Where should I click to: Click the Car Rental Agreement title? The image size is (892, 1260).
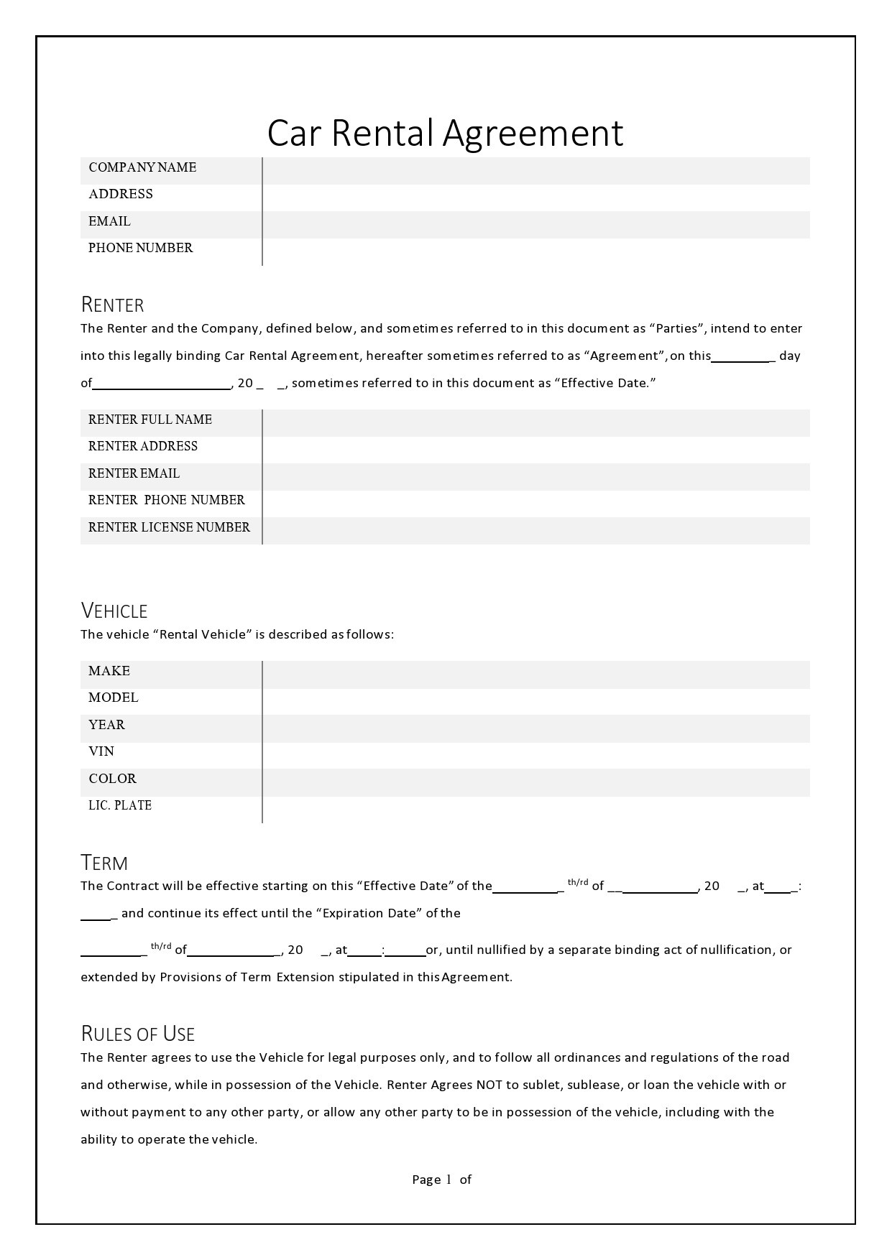(445, 133)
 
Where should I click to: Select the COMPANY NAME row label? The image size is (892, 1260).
(142, 167)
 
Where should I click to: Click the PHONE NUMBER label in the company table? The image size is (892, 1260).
(140, 248)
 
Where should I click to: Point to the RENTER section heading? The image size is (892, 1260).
(112, 305)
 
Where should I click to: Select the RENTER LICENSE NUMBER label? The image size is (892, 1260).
(169, 527)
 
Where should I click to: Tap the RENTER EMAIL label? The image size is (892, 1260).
(134, 473)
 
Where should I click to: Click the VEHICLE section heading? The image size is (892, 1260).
(114, 611)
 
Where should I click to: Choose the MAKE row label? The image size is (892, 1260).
(109, 671)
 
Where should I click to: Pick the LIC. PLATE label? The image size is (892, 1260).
(120, 805)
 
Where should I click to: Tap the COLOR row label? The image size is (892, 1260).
(112, 779)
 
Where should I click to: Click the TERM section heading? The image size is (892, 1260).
(104, 863)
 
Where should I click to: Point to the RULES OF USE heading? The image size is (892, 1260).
(137, 1034)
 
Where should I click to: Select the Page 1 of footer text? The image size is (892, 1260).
(441, 1179)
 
